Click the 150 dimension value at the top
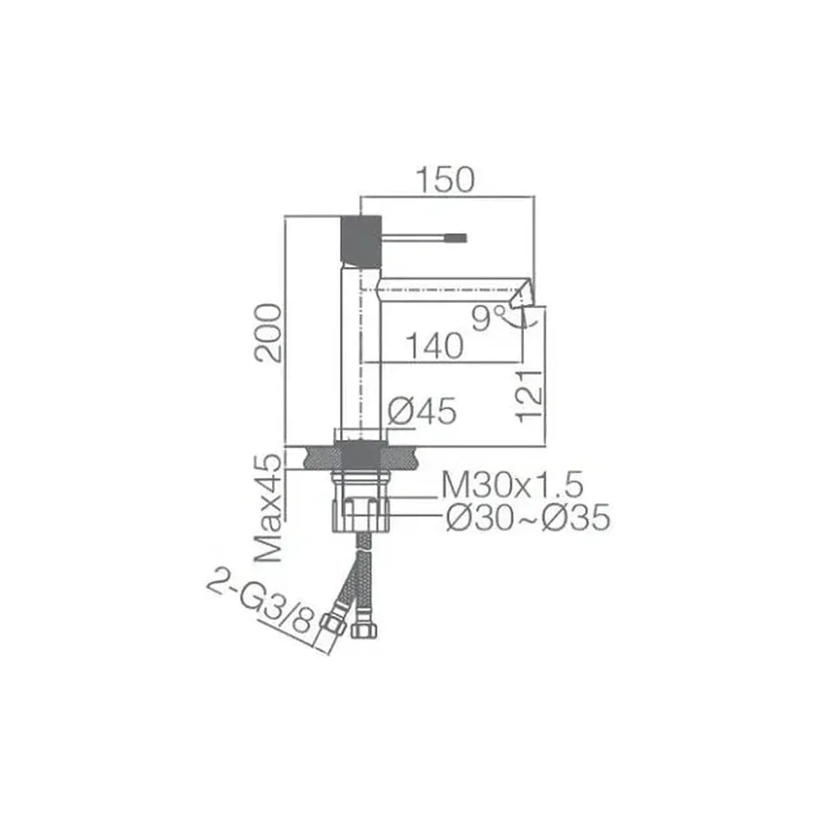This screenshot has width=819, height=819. pyautogui.click(x=446, y=179)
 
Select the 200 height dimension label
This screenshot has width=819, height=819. pyautogui.click(x=268, y=333)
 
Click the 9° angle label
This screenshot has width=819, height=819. pyautogui.click(x=488, y=318)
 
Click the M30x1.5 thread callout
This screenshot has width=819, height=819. pyautogui.click(x=513, y=485)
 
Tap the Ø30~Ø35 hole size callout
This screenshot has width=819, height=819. pyautogui.click(x=528, y=518)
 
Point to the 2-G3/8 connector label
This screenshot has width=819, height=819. pyautogui.click(x=260, y=604)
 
